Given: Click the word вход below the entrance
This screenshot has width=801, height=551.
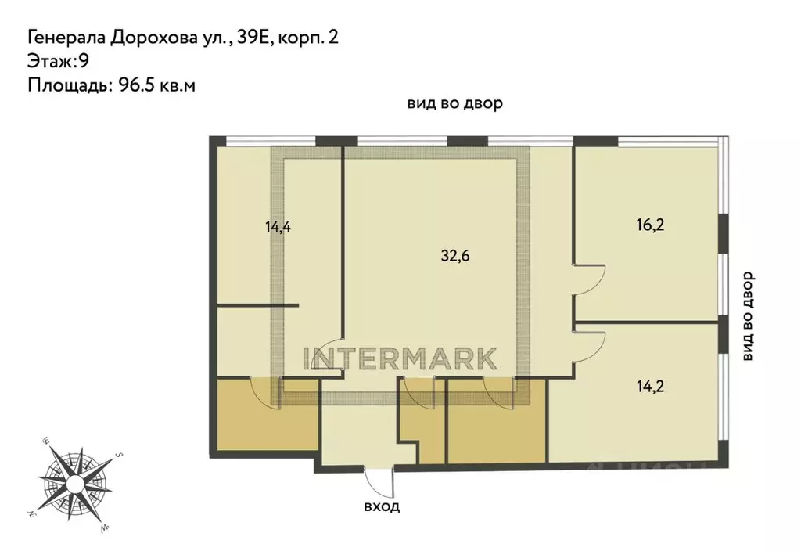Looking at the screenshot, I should click(x=381, y=506).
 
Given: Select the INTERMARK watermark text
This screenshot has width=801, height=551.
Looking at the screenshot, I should click(x=400, y=358).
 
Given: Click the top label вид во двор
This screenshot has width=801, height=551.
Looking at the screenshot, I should click(x=454, y=104).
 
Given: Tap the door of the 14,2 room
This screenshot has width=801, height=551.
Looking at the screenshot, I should click(x=589, y=345).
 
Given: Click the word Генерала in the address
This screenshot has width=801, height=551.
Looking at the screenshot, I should click(x=65, y=37).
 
